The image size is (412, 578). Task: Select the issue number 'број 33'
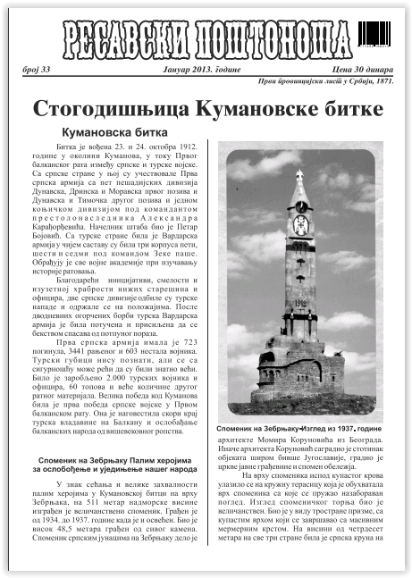[x=38, y=69]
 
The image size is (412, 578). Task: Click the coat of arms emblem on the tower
[x=300, y=224]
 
